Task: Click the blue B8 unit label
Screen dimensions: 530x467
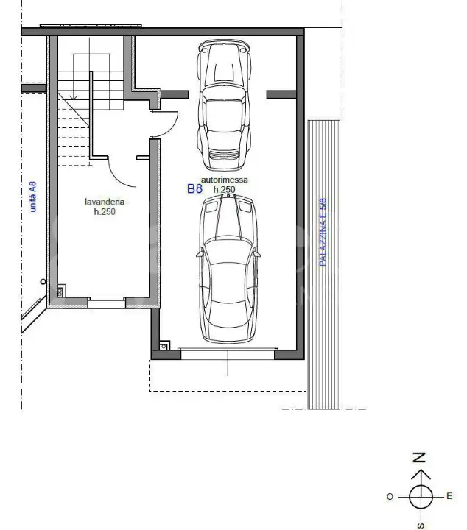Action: click(194, 188)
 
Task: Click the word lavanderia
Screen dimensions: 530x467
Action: click(104, 202)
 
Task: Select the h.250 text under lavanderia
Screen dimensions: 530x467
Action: click(104, 211)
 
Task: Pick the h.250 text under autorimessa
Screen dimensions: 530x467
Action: click(224, 190)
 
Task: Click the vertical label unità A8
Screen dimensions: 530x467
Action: click(32, 197)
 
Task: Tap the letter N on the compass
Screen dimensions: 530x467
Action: click(419, 457)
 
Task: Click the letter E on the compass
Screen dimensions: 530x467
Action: click(449, 496)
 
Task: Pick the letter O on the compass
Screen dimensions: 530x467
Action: click(390, 497)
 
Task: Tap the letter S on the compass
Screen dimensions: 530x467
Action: click(420, 525)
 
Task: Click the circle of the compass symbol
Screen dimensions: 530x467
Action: click(420, 497)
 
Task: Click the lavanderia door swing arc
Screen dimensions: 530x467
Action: click(122, 173)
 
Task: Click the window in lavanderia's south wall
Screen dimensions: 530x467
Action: click(107, 300)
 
